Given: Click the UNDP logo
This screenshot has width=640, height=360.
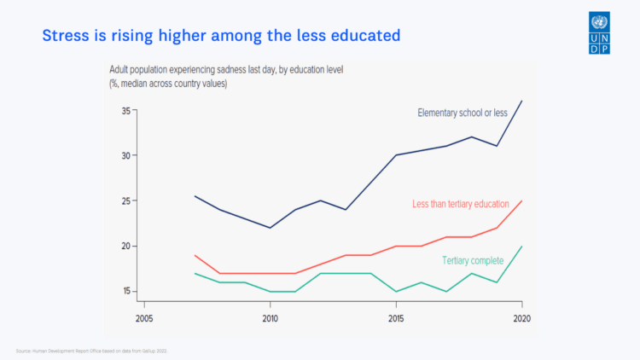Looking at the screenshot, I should [x=599, y=32].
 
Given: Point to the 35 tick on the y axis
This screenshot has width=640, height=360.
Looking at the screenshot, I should [x=125, y=111].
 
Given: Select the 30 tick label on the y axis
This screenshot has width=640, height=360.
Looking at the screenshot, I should [x=125, y=156].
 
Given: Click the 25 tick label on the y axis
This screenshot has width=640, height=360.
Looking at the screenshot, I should [x=125, y=201].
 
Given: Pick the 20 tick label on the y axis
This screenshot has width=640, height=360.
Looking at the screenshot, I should [x=125, y=247].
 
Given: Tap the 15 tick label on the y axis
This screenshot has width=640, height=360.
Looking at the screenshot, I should [x=125, y=292].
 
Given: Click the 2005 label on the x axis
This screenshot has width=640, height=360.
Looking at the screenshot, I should [x=144, y=318].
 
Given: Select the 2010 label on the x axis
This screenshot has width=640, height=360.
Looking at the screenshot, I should [x=271, y=318].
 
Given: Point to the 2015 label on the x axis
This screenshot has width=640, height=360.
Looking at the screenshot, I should [x=396, y=318].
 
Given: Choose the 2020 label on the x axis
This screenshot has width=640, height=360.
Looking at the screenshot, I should [x=521, y=318].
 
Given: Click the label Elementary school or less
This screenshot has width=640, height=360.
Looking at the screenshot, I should [x=463, y=113].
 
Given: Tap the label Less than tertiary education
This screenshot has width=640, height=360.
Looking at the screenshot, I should [x=460, y=205].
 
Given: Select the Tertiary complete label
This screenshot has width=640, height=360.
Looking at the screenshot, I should [x=473, y=260].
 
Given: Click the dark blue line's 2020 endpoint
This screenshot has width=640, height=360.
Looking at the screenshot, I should [x=521, y=102].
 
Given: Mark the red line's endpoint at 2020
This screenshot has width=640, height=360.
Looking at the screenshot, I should [x=521, y=201].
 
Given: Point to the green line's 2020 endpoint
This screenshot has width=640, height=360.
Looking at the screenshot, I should [x=521, y=247].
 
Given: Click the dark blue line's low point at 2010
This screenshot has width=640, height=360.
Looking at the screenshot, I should [x=271, y=228].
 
